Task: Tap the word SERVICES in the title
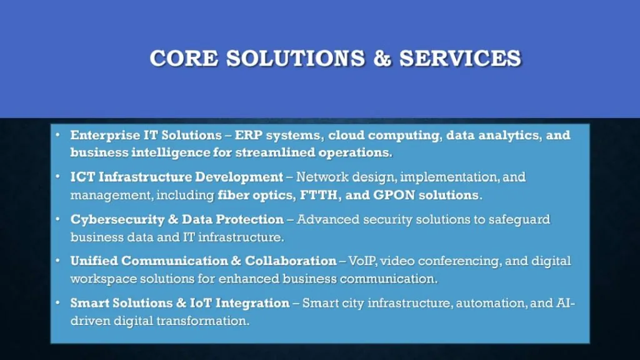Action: click(461, 58)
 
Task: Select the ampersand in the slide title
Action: click(382, 58)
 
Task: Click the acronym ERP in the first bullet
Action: click(247, 135)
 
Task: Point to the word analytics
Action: click(507, 135)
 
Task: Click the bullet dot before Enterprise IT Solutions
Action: click(57, 135)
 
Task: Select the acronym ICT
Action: click(82, 177)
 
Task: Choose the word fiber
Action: click(235, 195)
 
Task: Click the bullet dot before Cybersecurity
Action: click(57, 219)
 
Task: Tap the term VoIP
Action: click(362, 261)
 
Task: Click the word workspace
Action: click(101, 278)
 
